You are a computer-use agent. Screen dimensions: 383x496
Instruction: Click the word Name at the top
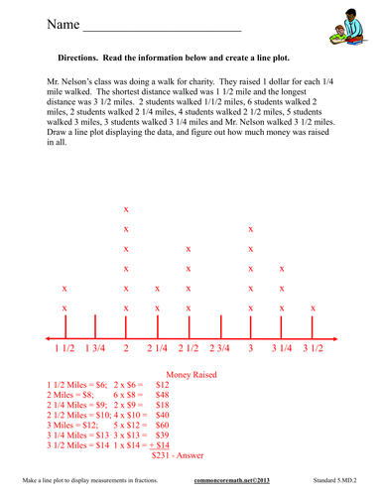pyautogui.click(x=48, y=23)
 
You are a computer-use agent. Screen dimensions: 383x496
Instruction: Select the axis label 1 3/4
pyautogui.click(x=95, y=348)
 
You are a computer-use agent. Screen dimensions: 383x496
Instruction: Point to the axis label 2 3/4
pyautogui.click(x=219, y=348)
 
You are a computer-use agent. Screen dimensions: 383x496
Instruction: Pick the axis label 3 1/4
pyautogui.click(x=283, y=348)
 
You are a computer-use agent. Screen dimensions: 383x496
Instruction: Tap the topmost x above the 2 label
pyautogui.click(x=126, y=209)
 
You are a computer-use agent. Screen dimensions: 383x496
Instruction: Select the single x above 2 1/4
pyautogui.click(x=157, y=289)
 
